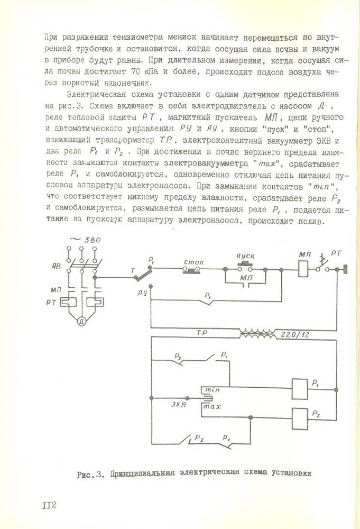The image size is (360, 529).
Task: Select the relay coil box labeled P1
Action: tap(299, 389)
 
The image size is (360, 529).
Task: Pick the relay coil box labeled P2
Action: tap(299, 416)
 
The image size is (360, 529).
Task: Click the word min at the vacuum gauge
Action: tap(212, 389)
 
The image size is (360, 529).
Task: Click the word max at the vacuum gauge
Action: tap(212, 407)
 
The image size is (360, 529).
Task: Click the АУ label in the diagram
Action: tap(142, 291)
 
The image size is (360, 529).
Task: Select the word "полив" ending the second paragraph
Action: tap(307, 222)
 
